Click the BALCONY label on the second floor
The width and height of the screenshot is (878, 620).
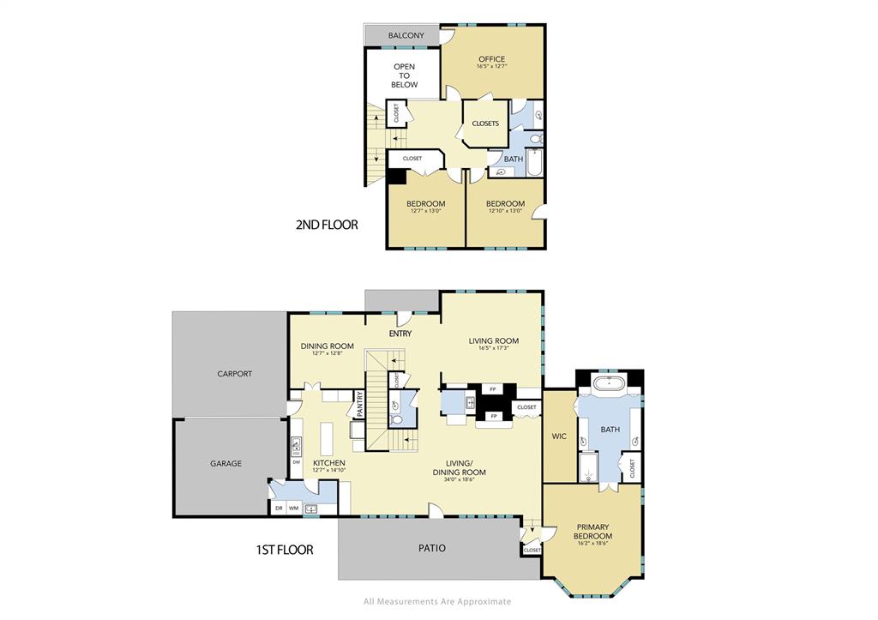tap(406, 35)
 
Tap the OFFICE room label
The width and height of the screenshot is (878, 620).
tap(491, 59)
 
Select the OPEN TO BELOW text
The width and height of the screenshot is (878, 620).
tap(404, 75)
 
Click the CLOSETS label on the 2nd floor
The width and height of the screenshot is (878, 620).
tap(485, 123)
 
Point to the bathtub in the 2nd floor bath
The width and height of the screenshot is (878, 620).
tap(533, 163)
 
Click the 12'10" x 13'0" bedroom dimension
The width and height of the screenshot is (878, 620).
tap(505, 211)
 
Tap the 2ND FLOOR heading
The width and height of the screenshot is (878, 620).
tap(327, 226)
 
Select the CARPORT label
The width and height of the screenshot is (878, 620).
tap(234, 374)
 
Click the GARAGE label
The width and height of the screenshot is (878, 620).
tap(226, 463)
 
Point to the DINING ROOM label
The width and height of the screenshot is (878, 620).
tap(327, 346)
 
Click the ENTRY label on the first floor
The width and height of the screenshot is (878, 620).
tap(400, 334)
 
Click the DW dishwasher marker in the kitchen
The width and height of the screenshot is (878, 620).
tap(296, 462)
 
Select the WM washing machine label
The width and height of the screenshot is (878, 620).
tap(293, 509)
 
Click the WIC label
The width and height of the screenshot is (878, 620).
tap(559, 436)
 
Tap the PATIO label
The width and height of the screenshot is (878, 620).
tap(431, 548)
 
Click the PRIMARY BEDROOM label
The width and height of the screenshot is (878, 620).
tap(592, 531)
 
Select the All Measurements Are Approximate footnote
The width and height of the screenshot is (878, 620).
tap(437, 602)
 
